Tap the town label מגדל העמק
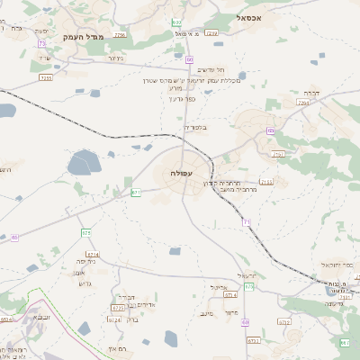(85, 36)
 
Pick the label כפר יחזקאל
(334, 265)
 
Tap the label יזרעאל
(246, 274)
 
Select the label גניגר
(114, 58)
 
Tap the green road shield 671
(136, 192)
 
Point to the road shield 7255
(46, 78)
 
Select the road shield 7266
(212, 32)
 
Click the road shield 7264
(303, 103)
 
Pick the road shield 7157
(278, 154)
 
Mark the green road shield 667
(344, 343)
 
